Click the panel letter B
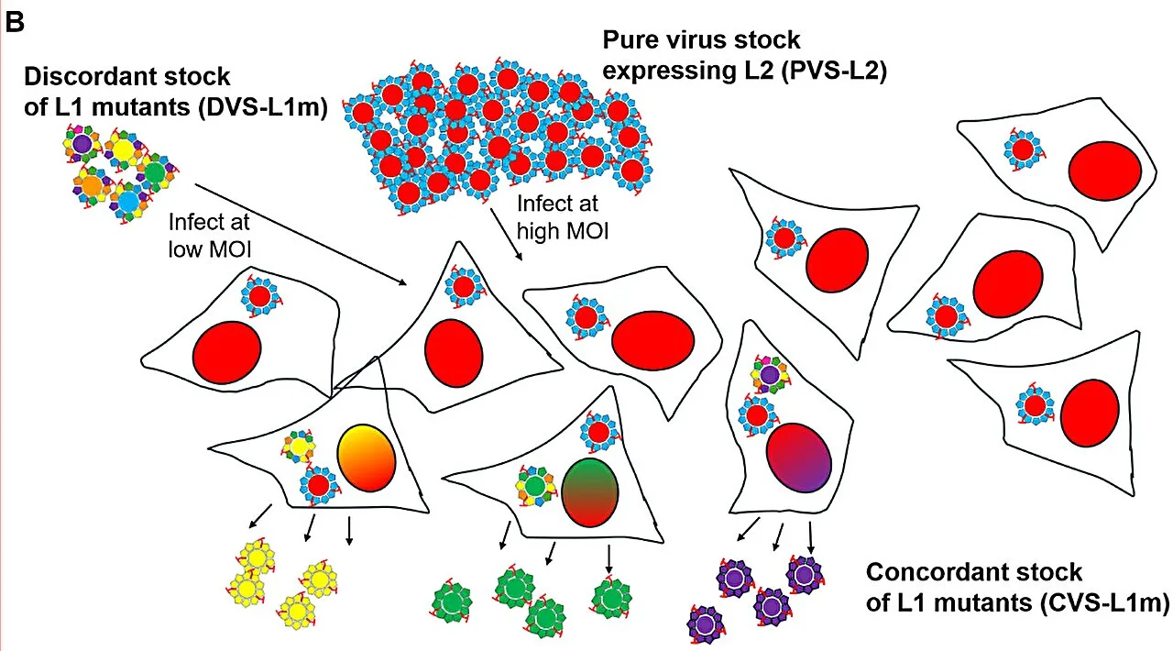(x=14, y=22)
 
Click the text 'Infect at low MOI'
(x=210, y=236)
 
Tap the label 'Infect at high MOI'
(x=563, y=217)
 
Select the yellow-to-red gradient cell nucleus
(x=367, y=458)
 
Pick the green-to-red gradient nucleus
(x=589, y=492)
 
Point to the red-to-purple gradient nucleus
(x=799, y=458)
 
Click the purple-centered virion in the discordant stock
(x=82, y=142)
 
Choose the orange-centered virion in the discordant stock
(x=92, y=185)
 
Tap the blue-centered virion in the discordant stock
(x=128, y=201)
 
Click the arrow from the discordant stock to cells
(x=301, y=235)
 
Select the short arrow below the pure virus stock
(x=507, y=235)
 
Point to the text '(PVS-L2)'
(x=834, y=71)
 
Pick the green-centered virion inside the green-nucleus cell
(x=535, y=486)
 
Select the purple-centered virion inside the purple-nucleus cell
(x=769, y=374)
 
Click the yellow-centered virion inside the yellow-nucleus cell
(x=299, y=446)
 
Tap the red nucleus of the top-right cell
(x=1105, y=171)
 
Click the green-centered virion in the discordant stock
(x=155, y=173)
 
